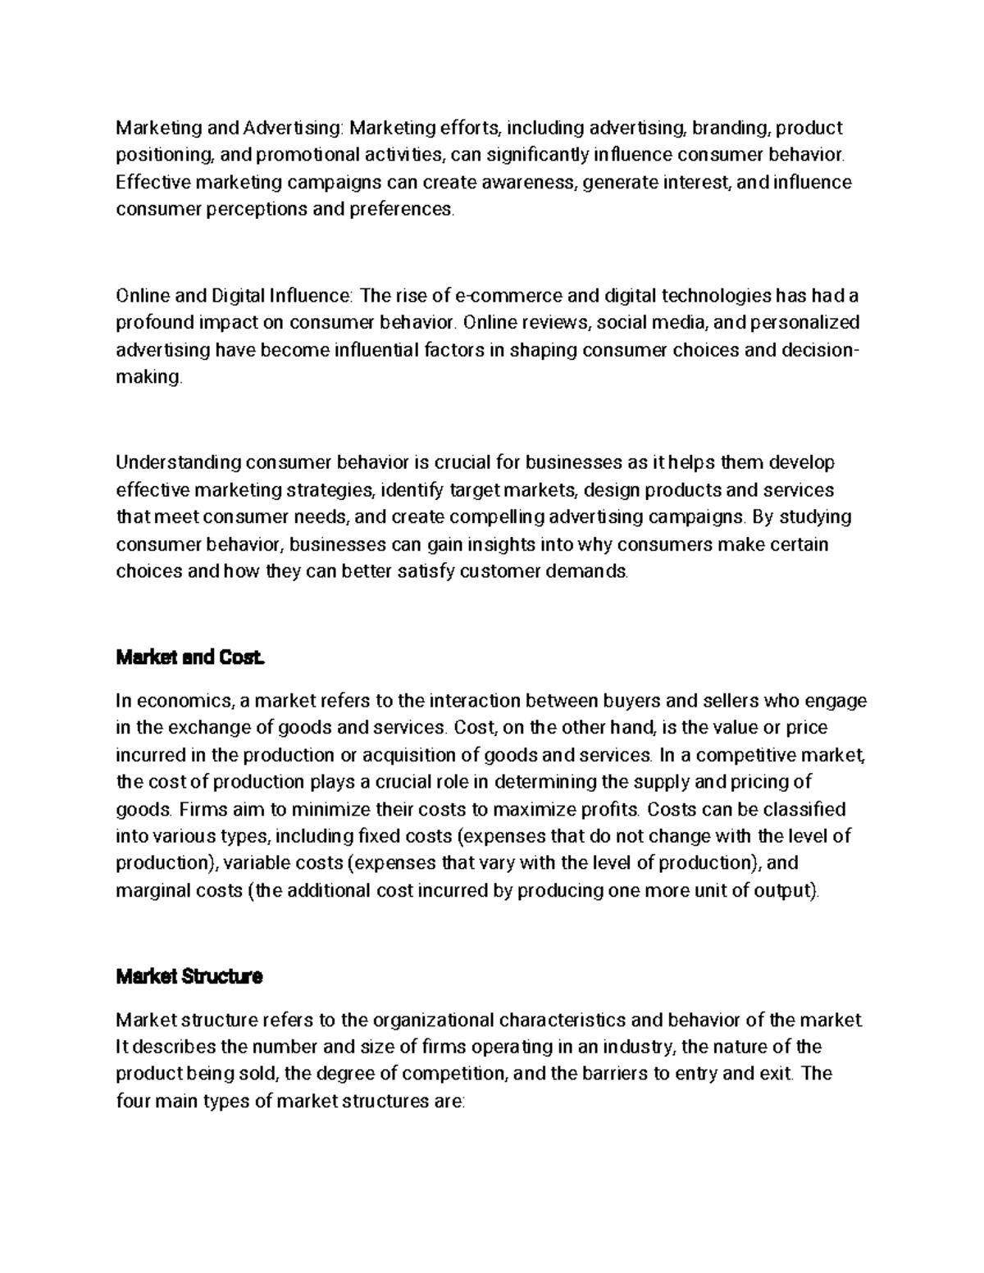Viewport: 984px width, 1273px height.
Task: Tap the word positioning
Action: (156, 155)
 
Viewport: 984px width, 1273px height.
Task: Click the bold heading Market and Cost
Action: (190, 657)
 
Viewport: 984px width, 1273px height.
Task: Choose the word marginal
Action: (149, 890)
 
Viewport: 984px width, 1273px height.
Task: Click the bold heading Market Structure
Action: (189, 977)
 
